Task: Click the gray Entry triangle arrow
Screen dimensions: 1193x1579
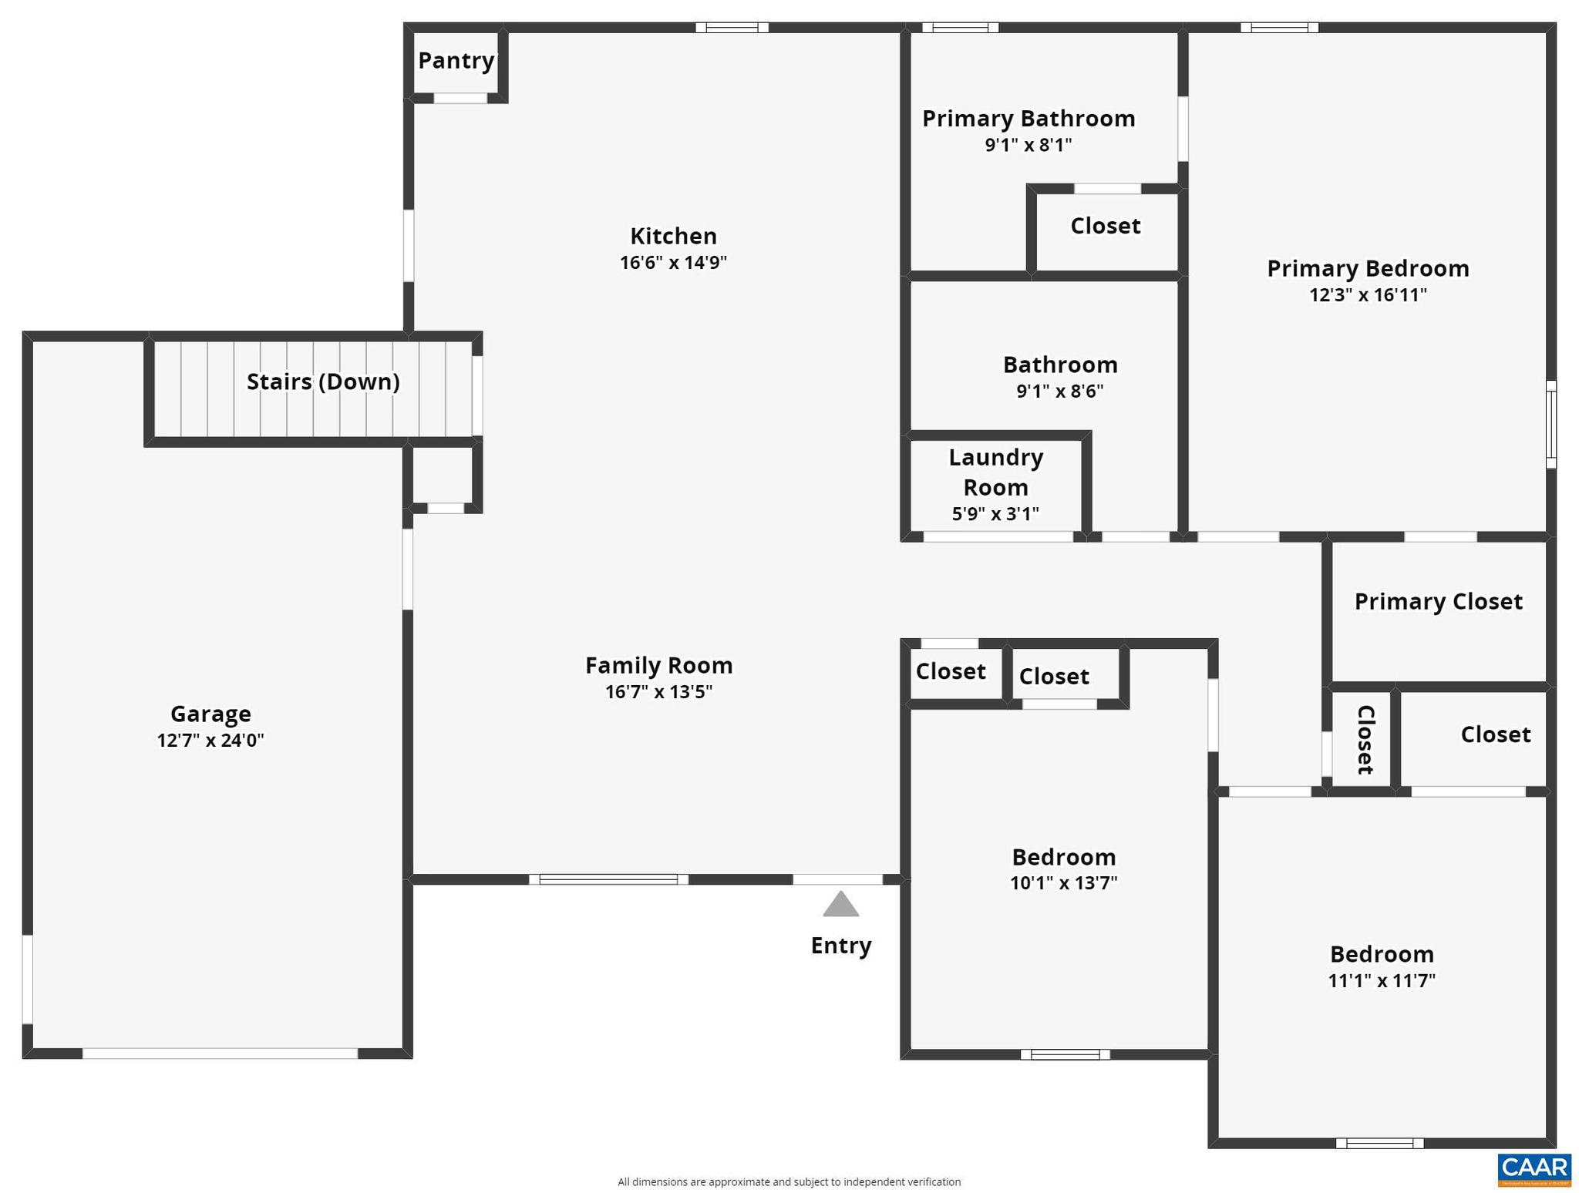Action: coord(840,905)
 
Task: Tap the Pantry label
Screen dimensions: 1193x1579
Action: coord(456,60)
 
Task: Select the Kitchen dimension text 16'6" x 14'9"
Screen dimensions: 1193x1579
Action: coord(673,263)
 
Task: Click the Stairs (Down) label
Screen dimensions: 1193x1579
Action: coord(323,381)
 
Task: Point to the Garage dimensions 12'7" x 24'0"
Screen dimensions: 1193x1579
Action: coord(210,741)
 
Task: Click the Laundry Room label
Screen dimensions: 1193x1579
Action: coord(995,472)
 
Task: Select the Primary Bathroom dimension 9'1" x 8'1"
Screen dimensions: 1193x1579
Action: coord(1029,145)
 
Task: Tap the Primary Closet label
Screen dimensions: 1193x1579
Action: coord(1438,601)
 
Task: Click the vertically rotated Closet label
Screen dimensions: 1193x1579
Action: coord(1365,740)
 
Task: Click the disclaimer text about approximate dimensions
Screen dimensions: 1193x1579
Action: coord(789,1181)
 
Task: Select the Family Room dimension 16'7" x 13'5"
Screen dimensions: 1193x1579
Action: coord(658,691)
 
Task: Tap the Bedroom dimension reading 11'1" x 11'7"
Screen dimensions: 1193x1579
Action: coord(1382,980)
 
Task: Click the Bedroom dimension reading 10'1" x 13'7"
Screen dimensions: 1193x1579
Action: coord(1063,882)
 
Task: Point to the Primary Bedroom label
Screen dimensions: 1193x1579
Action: coord(1368,268)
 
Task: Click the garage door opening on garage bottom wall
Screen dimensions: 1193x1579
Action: coord(220,1053)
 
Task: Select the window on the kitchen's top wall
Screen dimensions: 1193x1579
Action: coord(732,28)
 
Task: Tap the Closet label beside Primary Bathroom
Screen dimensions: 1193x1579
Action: coord(1105,226)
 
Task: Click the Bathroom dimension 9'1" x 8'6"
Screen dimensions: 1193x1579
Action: coord(1059,391)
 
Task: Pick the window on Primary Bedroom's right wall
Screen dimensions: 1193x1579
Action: coord(1551,424)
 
